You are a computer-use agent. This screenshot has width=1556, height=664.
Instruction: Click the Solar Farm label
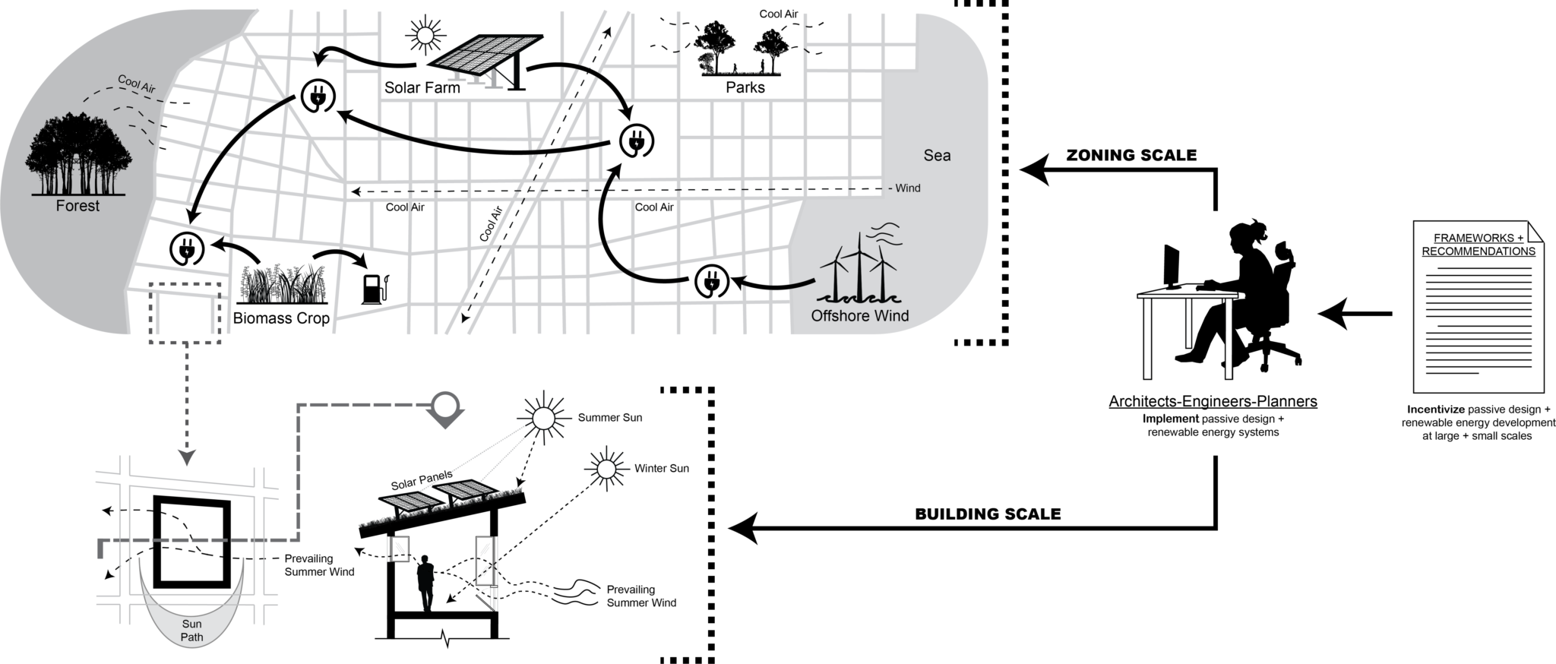[x=422, y=88]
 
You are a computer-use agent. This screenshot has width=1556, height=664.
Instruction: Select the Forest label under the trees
[x=77, y=206]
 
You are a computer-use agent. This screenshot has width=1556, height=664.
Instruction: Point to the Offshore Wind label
[x=859, y=316]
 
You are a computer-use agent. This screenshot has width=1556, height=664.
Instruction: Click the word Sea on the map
[x=937, y=156]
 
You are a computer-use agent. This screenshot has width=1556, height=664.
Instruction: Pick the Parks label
[x=745, y=88]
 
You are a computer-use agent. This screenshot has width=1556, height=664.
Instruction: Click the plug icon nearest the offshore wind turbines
[x=712, y=283]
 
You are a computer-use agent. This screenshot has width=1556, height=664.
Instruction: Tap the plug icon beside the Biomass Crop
[x=186, y=248]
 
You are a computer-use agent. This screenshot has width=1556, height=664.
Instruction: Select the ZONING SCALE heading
[x=1131, y=156]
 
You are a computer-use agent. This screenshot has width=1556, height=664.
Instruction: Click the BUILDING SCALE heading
[x=988, y=514]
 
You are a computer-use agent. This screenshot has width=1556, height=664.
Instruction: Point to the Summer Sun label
[x=609, y=418]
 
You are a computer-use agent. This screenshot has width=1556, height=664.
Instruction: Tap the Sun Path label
[x=191, y=631]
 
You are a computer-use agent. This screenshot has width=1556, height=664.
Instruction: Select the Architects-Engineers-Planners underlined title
[x=1213, y=402]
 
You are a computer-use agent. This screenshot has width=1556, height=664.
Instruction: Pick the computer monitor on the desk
[x=1172, y=266]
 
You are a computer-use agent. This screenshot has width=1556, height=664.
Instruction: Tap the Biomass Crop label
[x=281, y=318]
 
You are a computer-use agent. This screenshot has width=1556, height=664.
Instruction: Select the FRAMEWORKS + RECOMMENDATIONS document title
[x=1478, y=245]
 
